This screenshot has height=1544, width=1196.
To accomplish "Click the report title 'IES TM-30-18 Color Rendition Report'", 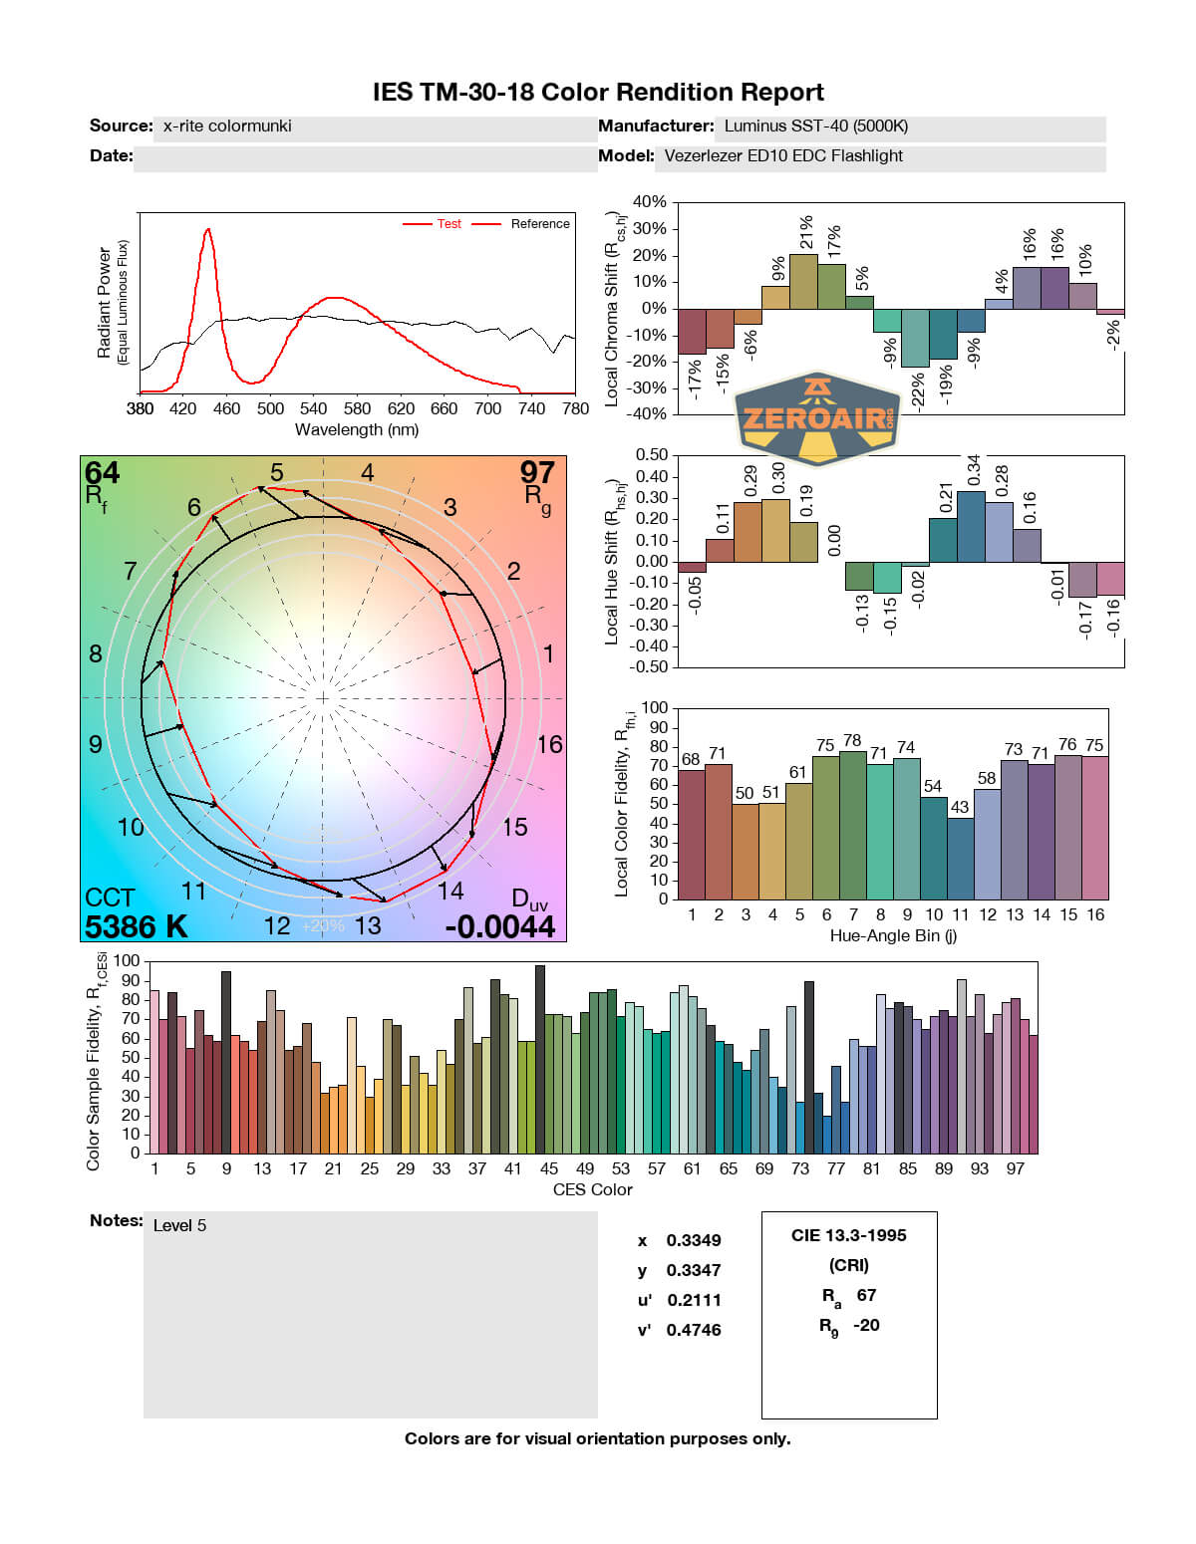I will pyautogui.click(x=598, y=93).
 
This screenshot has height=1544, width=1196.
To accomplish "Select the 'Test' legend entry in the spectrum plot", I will pyautogui.click(x=448, y=224).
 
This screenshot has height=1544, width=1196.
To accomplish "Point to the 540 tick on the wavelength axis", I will pyautogui.click(x=313, y=408).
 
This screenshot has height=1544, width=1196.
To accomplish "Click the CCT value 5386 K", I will pyautogui.click(x=136, y=926).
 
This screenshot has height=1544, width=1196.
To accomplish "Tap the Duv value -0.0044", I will pyautogui.click(x=499, y=926).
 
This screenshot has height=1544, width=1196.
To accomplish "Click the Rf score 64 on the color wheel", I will pyautogui.click(x=102, y=472).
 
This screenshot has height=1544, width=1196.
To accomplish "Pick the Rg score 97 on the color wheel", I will pyautogui.click(x=537, y=472).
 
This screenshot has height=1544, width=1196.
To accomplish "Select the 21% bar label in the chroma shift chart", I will pyautogui.click(x=805, y=232).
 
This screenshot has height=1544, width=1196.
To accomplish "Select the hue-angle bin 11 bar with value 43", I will pyautogui.click(x=960, y=858).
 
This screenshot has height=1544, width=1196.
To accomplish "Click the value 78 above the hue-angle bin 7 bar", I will pyautogui.click(x=852, y=740).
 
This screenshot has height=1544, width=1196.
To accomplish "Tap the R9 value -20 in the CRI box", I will pyautogui.click(x=866, y=1325).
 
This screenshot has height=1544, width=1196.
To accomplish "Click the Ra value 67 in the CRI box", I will pyautogui.click(x=866, y=1295).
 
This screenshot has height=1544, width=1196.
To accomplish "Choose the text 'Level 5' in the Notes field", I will pyautogui.click(x=179, y=1225).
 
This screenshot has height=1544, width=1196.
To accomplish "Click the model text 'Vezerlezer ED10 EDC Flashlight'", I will pyautogui.click(x=783, y=156).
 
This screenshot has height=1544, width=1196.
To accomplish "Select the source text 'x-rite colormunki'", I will pyautogui.click(x=227, y=127).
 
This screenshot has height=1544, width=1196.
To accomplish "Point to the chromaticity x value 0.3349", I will pyautogui.click(x=694, y=1240).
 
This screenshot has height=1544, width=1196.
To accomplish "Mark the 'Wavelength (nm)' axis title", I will pyautogui.click(x=357, y=430).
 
